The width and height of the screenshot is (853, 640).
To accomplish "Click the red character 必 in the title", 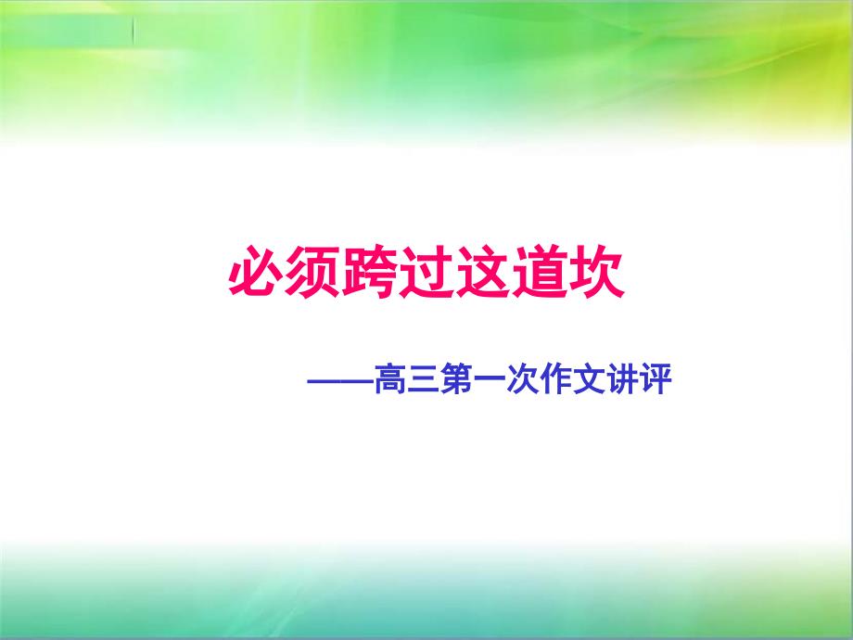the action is click(x=256, y=272).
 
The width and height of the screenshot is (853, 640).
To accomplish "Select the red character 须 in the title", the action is click(x=312, y=272).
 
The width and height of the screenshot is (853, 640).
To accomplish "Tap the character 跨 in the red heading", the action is click(x=369, y=272).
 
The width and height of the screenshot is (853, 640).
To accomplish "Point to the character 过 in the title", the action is click(x=426, y=272).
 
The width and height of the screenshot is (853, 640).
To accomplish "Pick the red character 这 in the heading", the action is click(x=482, y=272).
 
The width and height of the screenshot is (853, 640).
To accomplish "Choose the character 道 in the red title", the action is click(x=539, y=272).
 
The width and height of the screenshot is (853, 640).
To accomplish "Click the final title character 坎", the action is click(x=595, y=272).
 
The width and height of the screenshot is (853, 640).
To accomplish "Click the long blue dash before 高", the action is click(x=341, y=380).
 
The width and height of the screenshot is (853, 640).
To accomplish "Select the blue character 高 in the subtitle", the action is click(x=391, y=379).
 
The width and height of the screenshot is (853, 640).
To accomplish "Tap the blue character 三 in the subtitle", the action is click(x=424, y=379).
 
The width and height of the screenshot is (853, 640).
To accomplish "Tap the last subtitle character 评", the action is click(x=655, y=379).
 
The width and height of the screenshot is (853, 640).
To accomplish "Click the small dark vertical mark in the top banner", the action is click(x=134, y=30).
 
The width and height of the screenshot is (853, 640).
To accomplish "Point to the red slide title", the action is click(x=426, y=272).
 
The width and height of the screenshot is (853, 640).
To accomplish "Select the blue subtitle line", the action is click(x=490, y=379).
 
